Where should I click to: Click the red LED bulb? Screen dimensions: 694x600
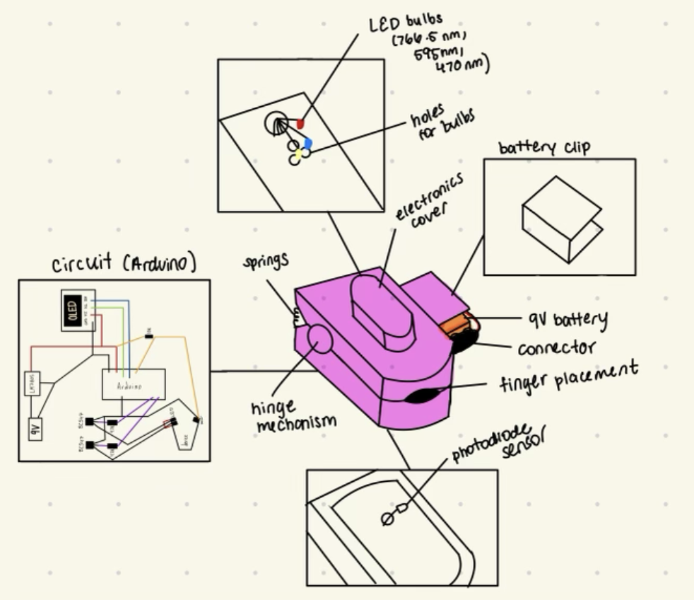click(x=300, y=125)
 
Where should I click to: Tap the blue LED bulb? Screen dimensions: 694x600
click(x=307, y=144)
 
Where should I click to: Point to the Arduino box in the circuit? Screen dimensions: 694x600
click(x=134, y=384)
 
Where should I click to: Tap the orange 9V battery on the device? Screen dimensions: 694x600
click(x=457, y=326)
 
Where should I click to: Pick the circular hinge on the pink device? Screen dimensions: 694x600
click(x=319, y=339)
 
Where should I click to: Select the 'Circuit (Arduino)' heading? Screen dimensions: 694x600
click(x=123, y=264)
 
